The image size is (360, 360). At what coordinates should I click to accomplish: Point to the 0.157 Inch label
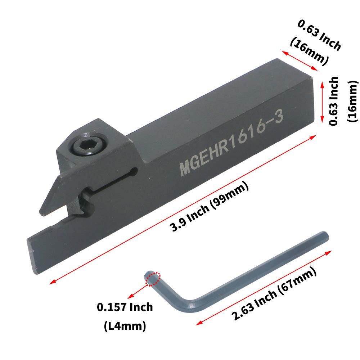pos(125,307)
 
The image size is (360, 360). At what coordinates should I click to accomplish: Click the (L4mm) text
pos(125,326)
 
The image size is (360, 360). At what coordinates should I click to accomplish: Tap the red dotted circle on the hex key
pos(153,279)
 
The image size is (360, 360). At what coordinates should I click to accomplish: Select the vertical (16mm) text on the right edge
pos(353,101)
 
